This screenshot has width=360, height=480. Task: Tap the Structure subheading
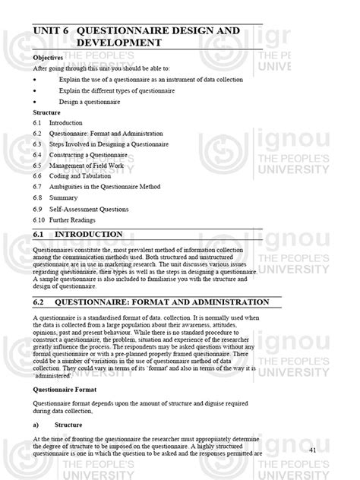coord(47,112)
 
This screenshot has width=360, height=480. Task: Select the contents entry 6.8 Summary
coord(65,197)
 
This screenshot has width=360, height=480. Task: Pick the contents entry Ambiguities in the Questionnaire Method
coord(115,186)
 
